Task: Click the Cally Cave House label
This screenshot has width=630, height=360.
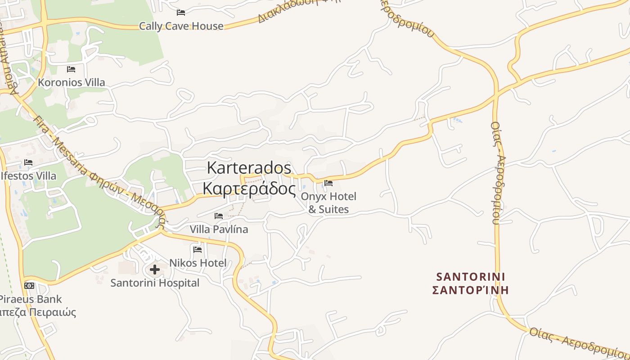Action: [x=181, y=26]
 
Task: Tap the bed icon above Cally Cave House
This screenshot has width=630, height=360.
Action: [x=181, y=12]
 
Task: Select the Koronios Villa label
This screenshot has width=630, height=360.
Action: [x=71, y=82]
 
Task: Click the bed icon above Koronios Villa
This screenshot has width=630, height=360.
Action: [x=71, y=69]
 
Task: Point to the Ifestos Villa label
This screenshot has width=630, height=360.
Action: [x=29, y=175]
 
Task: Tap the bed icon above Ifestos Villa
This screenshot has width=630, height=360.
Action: [x=29, y=162]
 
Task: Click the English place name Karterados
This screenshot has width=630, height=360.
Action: [x=249, y=168]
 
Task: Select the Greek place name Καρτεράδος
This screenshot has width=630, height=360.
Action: [x=249, y=189]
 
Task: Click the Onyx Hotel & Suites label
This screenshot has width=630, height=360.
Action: [x=328, y=202]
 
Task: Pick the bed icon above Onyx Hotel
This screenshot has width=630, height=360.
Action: [x=328, y=183]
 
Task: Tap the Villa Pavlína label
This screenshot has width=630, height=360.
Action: [x=219, y=229]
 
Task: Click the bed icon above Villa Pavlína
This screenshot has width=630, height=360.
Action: [x=219, y=216]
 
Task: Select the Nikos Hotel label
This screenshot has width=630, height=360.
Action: [x=198, y=263]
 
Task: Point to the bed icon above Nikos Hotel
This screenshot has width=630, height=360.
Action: [x=198, y=249]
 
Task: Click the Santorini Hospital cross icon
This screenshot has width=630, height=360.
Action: [x=155, y=270]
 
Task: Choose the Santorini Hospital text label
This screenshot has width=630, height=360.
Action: [x=155, y=283]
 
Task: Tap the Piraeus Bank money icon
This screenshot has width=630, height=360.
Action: [x=29, y=286]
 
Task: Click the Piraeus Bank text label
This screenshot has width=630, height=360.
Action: [x=31, y=299]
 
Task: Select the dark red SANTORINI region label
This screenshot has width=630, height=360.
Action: [x=471, y=276]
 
